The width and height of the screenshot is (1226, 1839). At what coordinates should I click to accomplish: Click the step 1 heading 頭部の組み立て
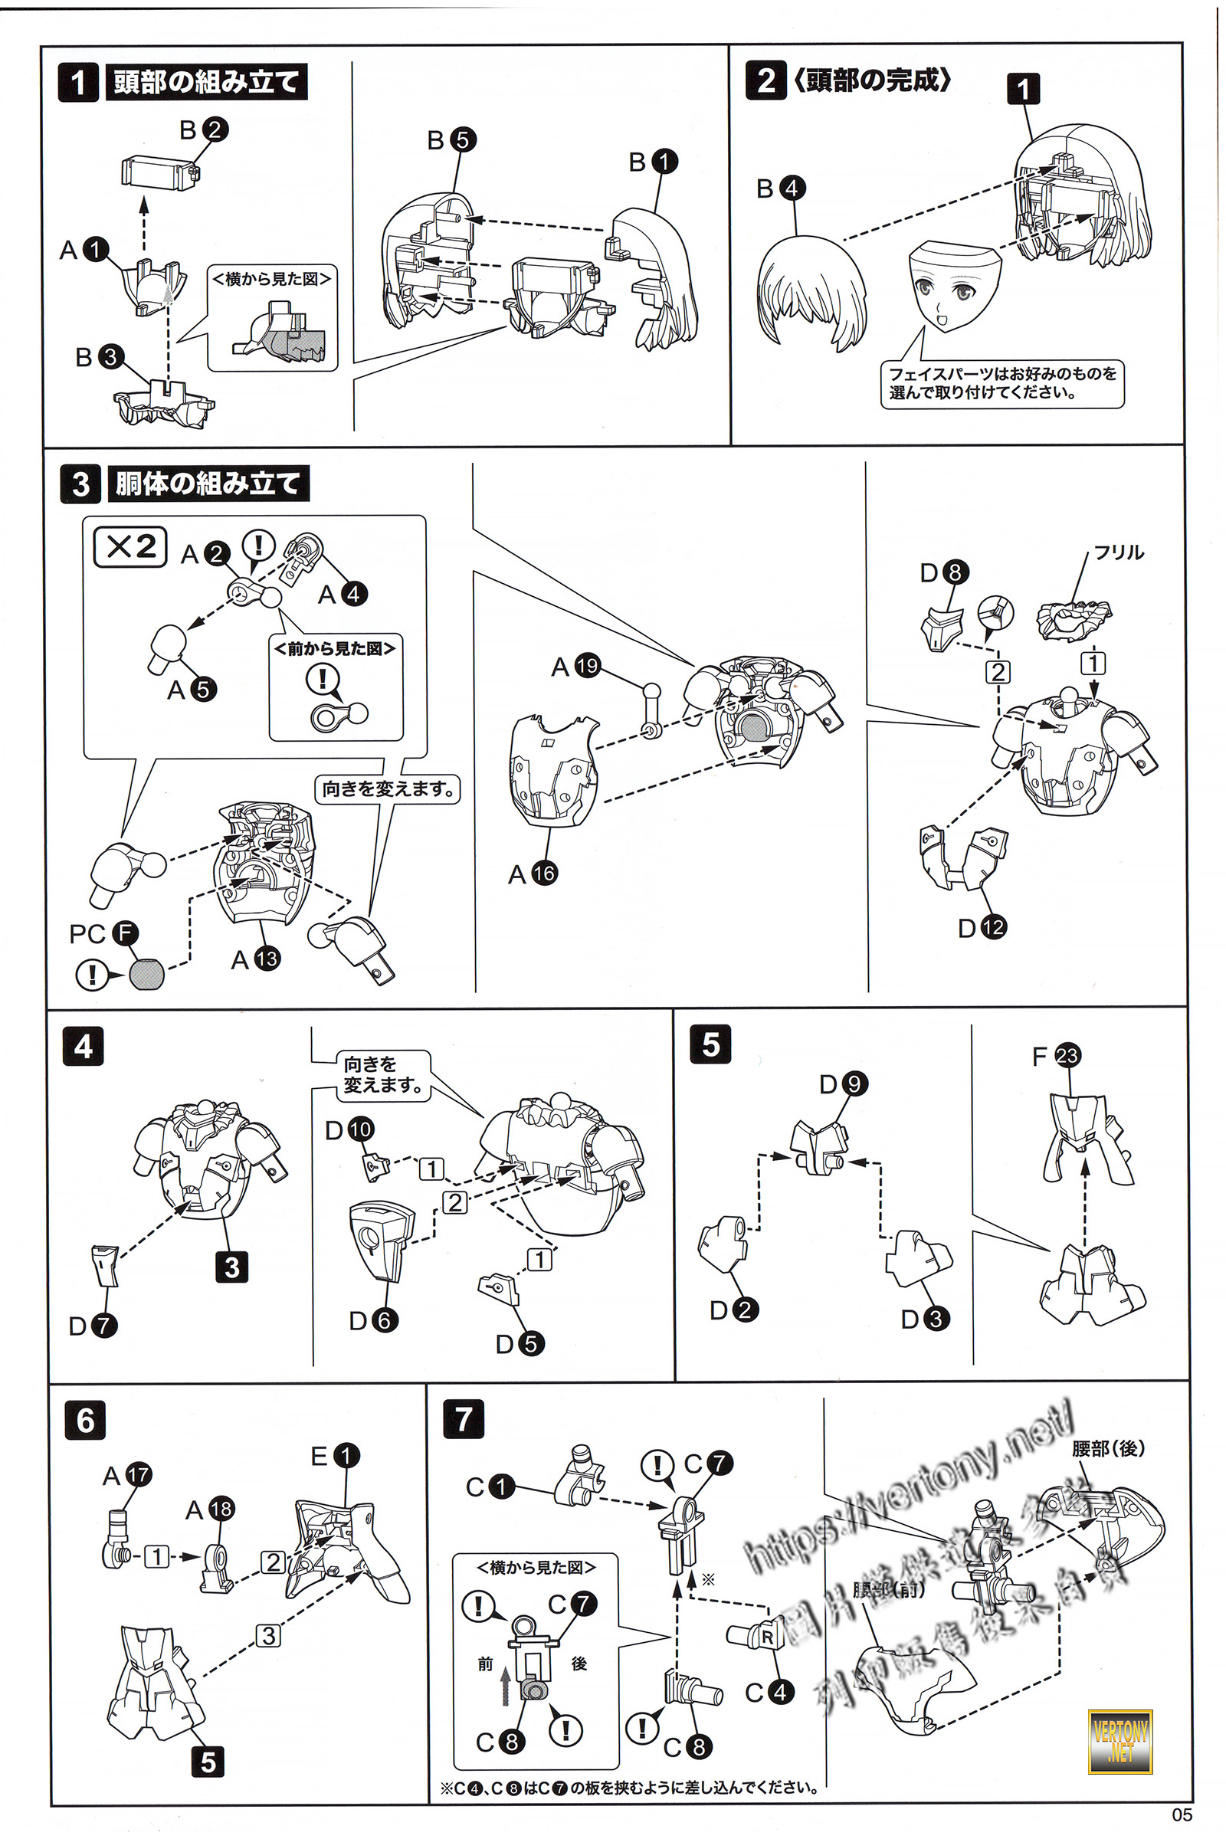205,82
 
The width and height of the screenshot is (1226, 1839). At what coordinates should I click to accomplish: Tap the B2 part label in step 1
203,129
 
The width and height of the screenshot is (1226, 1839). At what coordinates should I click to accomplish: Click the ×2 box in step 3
129,546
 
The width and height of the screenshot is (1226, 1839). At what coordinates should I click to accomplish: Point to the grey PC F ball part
147,974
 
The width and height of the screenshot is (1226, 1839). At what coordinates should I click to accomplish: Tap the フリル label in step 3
1118,552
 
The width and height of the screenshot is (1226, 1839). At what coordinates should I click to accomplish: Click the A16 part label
532,874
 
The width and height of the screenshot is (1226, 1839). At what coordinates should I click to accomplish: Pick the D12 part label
982,928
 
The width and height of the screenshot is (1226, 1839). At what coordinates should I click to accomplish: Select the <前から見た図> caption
335,648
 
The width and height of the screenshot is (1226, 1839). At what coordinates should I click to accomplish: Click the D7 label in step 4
92,1326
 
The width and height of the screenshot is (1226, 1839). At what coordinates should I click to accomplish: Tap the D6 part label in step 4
373,1320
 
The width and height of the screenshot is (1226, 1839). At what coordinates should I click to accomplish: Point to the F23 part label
1056,1057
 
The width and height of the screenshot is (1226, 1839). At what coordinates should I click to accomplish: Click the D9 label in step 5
844,1084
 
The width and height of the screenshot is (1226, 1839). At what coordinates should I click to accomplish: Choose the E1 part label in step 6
335,1456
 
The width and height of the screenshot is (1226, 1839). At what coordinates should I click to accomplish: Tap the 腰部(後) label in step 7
1108,1448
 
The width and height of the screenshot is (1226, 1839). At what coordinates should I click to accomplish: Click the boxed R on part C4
767,1637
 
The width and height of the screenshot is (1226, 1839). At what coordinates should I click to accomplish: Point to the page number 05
1182,1814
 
